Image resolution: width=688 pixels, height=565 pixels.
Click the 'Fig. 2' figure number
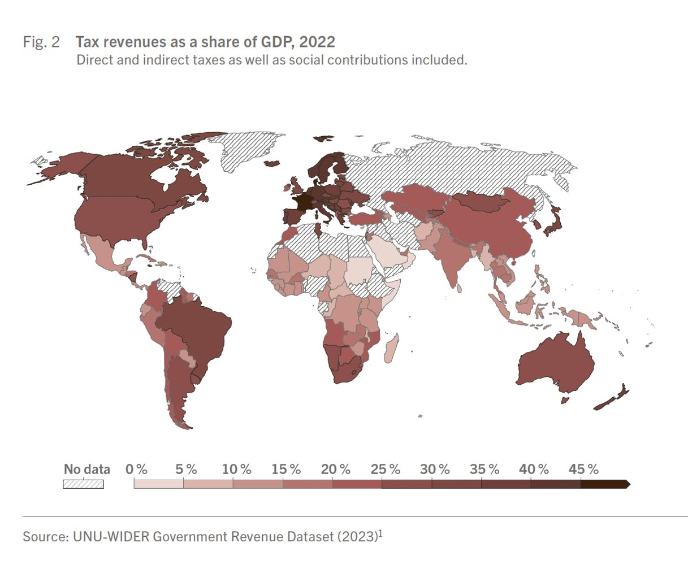click(41, 42)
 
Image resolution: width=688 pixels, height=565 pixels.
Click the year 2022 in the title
click(317, 42)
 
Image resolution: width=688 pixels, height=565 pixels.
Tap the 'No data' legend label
click(86, 470)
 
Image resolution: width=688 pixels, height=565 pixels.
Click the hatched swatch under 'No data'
click(83, 484)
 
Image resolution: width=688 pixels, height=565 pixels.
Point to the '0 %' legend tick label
click(136, 470)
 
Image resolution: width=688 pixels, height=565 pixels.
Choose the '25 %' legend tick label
click(386, 470)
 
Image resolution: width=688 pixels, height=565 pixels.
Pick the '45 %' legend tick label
click(583, 470)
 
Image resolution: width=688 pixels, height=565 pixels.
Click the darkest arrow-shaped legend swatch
click(604, 484)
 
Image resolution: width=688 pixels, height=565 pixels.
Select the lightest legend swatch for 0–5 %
click(159, 484)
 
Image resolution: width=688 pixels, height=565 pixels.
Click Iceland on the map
click(272, 163)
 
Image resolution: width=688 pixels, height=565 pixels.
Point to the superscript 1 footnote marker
click(380, 532)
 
